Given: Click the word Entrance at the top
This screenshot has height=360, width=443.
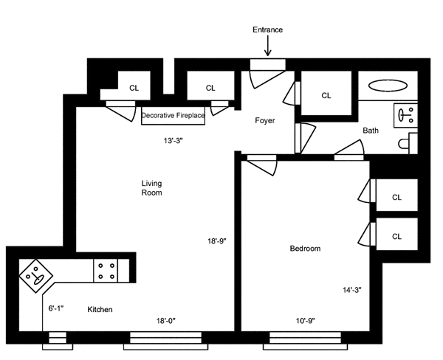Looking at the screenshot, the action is pos(267,30).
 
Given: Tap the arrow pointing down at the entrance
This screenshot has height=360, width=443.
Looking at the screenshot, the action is pos(267,47).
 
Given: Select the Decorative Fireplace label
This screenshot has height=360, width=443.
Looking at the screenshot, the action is pos(173,116).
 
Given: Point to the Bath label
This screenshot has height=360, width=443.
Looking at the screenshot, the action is pos(371,131).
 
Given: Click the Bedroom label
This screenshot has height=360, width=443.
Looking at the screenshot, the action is pos(305,249).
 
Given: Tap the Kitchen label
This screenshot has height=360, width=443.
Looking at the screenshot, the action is pos(100,309).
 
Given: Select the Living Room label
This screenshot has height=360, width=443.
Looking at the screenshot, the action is pos(151,188).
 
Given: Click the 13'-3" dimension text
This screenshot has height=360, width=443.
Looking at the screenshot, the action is pos(176,140).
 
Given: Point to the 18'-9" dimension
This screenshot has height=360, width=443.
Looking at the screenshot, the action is pos(219,240).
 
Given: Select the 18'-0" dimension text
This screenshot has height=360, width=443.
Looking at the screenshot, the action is pos(166,320).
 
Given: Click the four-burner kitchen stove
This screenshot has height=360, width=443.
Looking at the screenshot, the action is pos(106,270).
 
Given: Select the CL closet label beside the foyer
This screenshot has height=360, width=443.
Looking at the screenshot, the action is pos(326,95).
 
